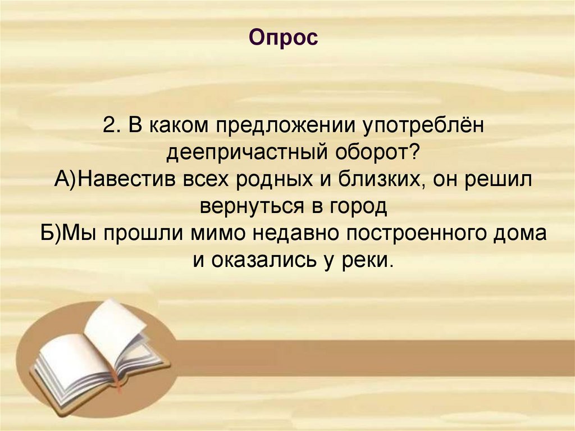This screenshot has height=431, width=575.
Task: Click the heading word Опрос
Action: [283, 38]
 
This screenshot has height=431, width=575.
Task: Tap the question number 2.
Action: [109, 125]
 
